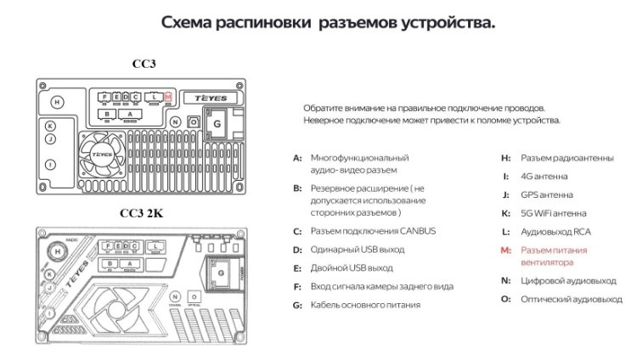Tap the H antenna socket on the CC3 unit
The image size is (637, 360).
[x=57, y=102]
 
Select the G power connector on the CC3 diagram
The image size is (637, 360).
[x=217, y=124]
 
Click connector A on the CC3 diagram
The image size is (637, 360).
[x=130, y=114]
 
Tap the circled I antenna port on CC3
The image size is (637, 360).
[x=50, y=165]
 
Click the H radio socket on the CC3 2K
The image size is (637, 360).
[x=58, y=251]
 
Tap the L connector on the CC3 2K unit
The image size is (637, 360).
[x=156, y=247]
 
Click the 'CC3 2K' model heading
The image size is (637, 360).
[x=142, y=214]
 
